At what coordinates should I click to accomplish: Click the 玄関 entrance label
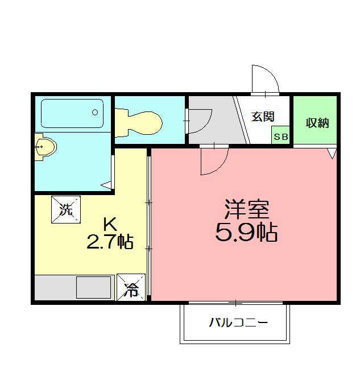(263, 117)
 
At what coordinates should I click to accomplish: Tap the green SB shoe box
(280, 137)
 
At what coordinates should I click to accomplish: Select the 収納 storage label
(317, 123)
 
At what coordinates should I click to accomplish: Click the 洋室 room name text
(246, 210)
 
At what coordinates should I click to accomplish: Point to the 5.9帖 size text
(246, 231)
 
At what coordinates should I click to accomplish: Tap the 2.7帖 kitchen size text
(110, 243)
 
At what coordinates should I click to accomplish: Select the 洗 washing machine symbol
(67, 209)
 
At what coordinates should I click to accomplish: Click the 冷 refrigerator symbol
(131, 288)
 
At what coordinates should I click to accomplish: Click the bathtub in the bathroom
(72, 113)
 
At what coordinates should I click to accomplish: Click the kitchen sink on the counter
(93, 288)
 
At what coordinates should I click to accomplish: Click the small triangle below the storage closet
(332, 153)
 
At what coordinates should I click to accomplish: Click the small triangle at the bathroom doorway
(106, 184)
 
